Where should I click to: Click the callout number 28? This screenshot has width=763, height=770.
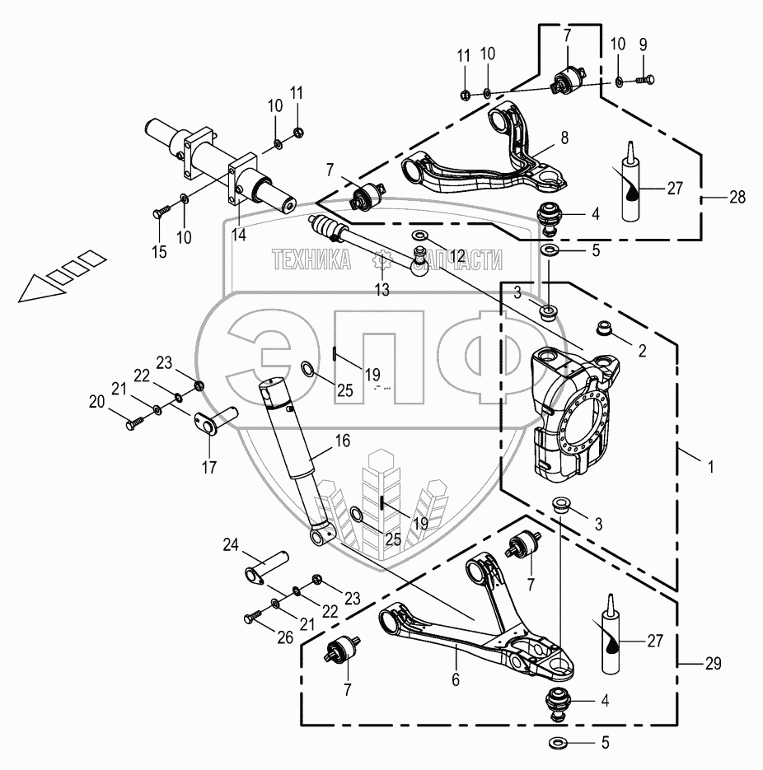pyautogui.click(x=738, y=198)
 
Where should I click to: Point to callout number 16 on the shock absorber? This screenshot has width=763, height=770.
pyautogui.click(x=342, y=443)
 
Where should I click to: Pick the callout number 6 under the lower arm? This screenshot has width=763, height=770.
pyautogui.click(x=455, y=680)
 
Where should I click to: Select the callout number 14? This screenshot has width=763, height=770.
pyautogui.click(x=238, y=235)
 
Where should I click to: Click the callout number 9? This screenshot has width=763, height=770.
pyautogui.click(x=643, y=44)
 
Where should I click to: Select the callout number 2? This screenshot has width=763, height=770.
pyautogui.click(x=642, y=349)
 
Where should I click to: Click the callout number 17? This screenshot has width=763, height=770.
pyautogui.click(x=208, y=469)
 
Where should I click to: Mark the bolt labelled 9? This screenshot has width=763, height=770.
pyautogui.click(x=647, y=80)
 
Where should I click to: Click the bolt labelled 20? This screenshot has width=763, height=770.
pyautogui.click(x=133, y=423)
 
